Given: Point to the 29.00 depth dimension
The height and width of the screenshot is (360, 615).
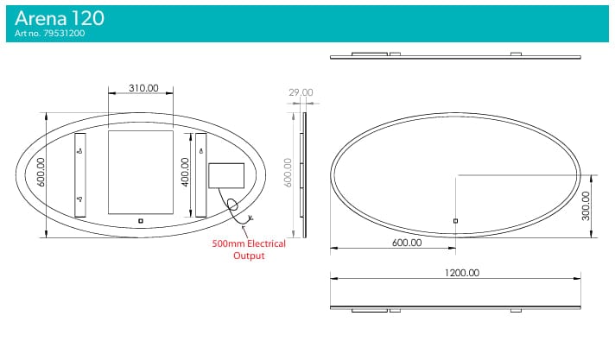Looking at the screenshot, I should [x=301, y=92].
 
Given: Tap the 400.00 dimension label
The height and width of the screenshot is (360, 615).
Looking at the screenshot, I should [x=184, y=174].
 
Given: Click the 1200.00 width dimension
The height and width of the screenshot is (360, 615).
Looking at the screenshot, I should [x=461, y=274].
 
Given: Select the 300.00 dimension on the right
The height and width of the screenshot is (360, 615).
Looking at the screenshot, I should [x=586, y=205].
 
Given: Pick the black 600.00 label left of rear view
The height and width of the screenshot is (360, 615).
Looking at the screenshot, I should [x=40, y=174].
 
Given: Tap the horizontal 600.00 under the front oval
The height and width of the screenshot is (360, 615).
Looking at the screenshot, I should [x=406, y=243].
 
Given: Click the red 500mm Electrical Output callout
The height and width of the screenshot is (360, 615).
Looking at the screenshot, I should [x=248, y=249].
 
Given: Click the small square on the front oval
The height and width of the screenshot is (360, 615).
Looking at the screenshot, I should [x=456, y=221].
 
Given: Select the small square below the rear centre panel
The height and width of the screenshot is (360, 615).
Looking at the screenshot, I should [x=141, y=221].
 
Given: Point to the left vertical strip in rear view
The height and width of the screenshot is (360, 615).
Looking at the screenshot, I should [x=80, y=174].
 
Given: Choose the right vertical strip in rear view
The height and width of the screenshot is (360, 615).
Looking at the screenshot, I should [x=200, y=174].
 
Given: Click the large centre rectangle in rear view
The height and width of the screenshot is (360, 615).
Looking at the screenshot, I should [x=140, y=172].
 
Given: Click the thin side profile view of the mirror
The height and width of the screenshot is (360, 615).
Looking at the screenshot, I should [x=303, y=174].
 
